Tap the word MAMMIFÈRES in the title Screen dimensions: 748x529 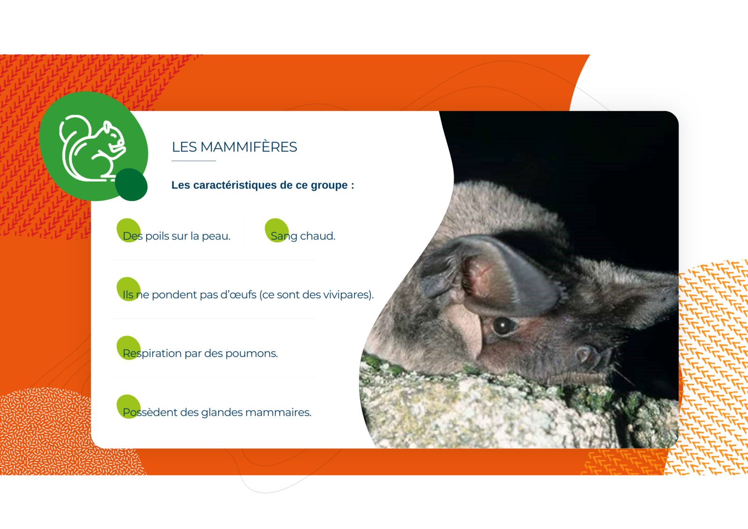[x=248, y=147]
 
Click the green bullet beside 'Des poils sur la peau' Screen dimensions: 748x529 [x=129, y=230]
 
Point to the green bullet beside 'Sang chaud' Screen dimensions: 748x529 [x=277, y=230]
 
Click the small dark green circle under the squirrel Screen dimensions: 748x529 [x=131, y=184]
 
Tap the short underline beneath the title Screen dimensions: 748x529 [x=194, y=161]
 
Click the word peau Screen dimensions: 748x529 [x=216, y=236]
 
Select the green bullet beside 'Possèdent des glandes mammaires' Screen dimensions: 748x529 [x=129, y=407]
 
